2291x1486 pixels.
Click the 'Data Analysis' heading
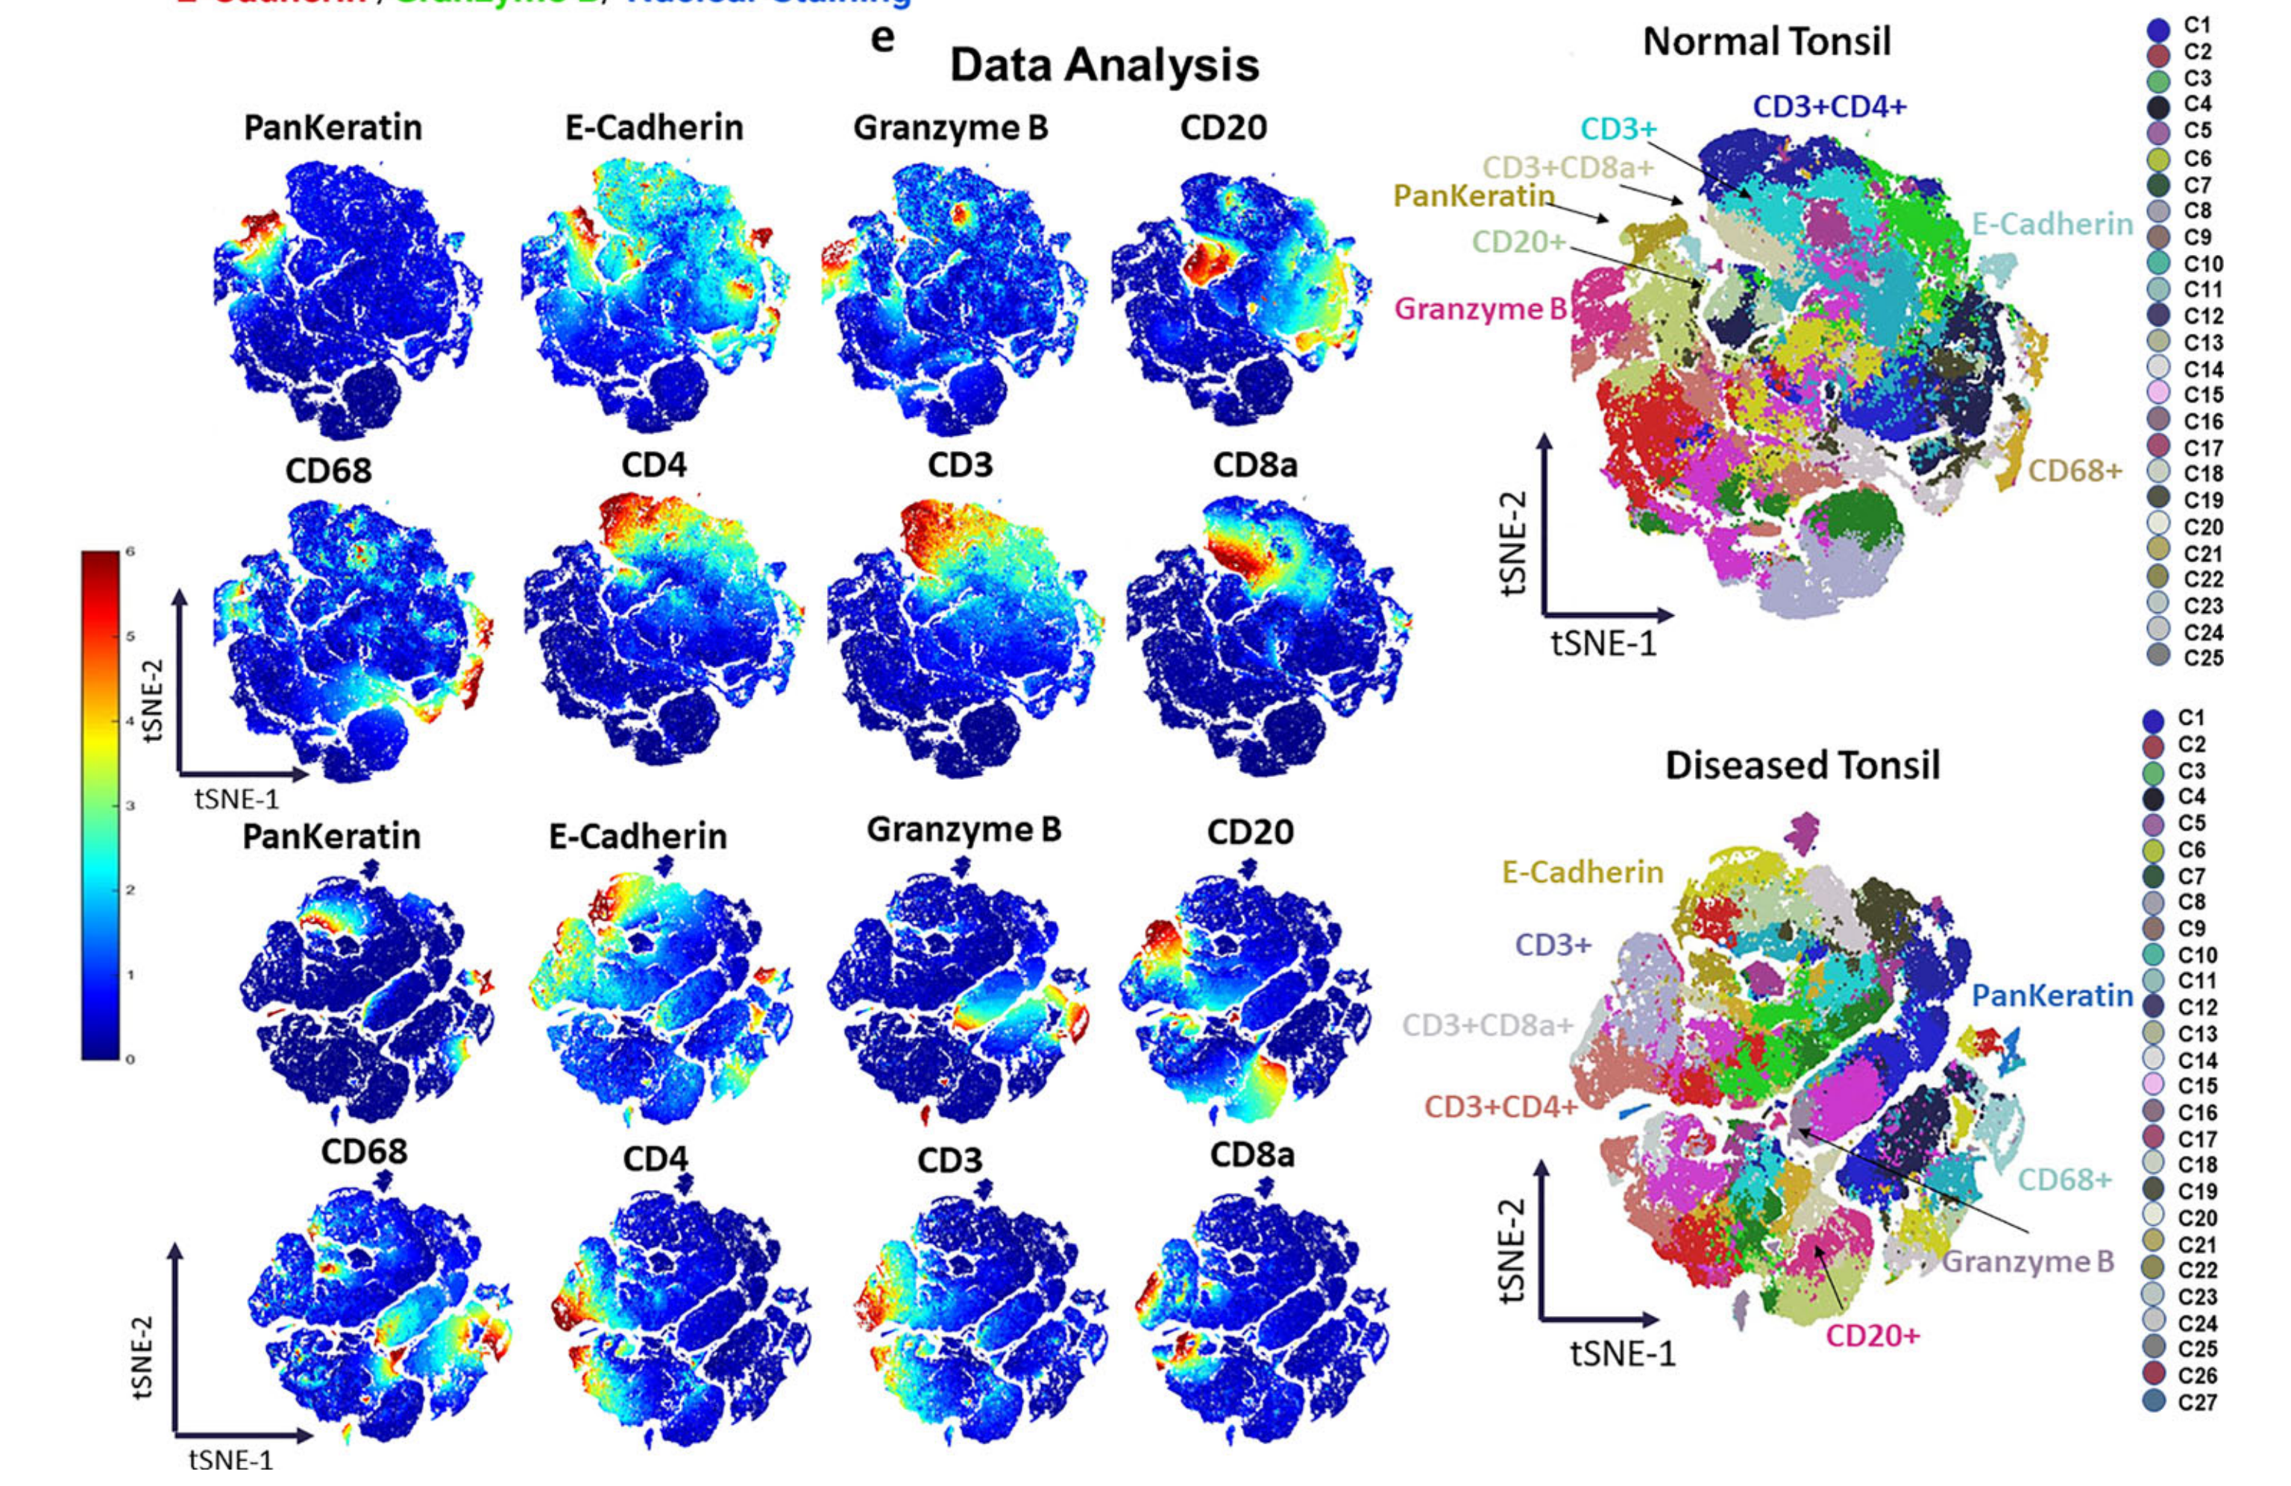tap(1103, 66)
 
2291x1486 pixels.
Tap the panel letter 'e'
tap(881, 39)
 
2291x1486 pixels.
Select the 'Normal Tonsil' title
tap(1767, 42)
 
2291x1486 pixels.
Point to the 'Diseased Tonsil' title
tap(1802, 765)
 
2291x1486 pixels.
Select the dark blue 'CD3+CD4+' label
tap(1829, 107)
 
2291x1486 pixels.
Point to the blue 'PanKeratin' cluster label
tap(2052, 995)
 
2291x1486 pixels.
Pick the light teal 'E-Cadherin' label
tap(2052, 224)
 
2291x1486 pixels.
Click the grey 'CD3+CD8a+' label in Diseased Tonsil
tap(1487, 1025)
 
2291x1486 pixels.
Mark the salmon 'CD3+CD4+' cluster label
tap(1500, 1106)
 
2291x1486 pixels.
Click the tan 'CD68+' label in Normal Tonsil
tap(2075, 470)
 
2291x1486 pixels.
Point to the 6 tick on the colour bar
tap(129, 552)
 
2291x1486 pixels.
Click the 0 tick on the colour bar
tap(129, 1060)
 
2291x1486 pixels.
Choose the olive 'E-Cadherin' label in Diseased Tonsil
tap(1583, 872)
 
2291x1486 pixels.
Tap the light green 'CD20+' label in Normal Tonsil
tap(1519, 242)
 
